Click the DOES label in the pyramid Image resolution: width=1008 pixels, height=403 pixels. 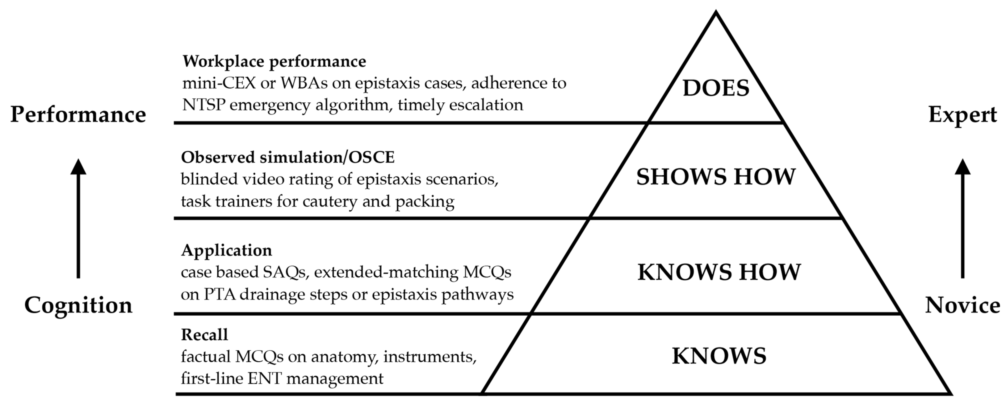pyautogui.click(x=716, y=88)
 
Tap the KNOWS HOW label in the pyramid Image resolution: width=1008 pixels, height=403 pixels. pyautogui.click(x=719, y=272)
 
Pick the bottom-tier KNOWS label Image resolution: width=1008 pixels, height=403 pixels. pyautogui.click(x=719, y=356)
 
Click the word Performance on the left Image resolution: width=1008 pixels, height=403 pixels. pyautogui.click(x=78, y=115)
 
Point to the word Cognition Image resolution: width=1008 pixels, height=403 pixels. pyautogui.click(x=78, y=305)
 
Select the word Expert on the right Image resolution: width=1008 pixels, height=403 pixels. pyautogui.click(x=962, y=115)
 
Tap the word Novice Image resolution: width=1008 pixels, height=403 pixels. pyautogui.click(x=962, y=305)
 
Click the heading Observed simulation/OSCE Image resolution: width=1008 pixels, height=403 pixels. pyautogui.click(x=288, y=157)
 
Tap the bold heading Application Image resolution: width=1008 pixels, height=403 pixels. pyautogui.click(x=226, y=250)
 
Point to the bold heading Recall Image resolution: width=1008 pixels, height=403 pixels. pyautogui.click(x=204, y=335)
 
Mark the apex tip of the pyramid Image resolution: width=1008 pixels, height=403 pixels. pyautogui.click(x=716, y=12)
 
